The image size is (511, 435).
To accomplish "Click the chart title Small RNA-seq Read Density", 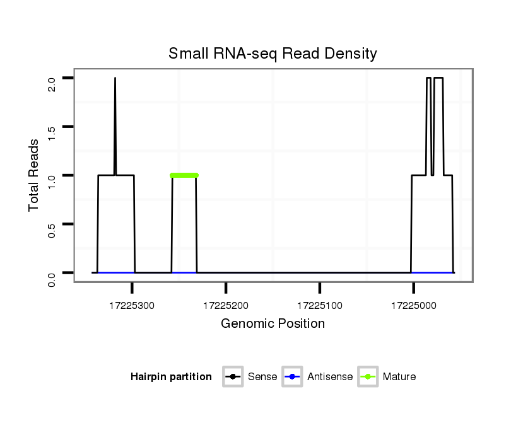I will tap(273, 54).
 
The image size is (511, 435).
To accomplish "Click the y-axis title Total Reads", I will tap(35, 175).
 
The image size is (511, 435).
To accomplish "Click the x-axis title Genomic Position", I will tap(273, 324).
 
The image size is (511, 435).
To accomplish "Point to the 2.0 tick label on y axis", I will tap(52, 83).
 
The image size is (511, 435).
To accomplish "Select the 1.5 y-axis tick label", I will tap(52, 132).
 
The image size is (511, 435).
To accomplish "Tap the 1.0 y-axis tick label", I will tap(52, 180).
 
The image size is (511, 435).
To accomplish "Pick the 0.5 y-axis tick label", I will tap(52, 229).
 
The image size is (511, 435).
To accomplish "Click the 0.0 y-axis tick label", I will tap(52, 278).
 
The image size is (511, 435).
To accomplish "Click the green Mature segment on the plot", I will tap(184, 175).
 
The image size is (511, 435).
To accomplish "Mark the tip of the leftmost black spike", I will tap(115, 79).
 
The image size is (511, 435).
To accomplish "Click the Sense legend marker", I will tap(233, 377).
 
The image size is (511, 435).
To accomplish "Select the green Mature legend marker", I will tap(368, 377).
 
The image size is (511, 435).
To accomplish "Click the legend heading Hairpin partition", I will tap(171, 377).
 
